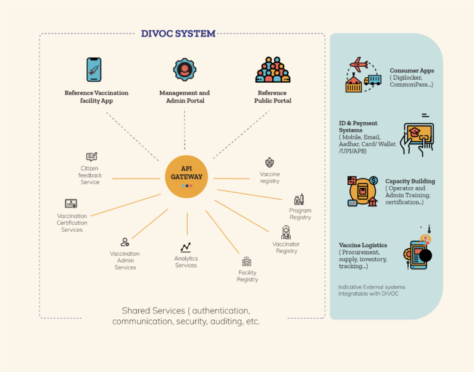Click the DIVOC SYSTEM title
(x=178, y=33)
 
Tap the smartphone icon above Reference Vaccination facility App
(x=94, y=70)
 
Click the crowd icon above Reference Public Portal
(x=273, y=70)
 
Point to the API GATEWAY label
(x=186, y=172)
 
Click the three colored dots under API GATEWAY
(x=187, y=185)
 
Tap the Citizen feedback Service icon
(x=91, y=156)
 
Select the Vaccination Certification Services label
(x=72, y=223)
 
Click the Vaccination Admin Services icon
(x=125, y=242)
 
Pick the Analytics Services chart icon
(x=186, y=247)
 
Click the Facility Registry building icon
(x=247, y=261)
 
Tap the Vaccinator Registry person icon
(x=286, y=232)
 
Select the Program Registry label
(x=301, y=214)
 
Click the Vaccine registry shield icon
(x=269, y=163)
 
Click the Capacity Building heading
(x=410, y=181)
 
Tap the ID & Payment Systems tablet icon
(x=418, y=138)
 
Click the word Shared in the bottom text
(x=136, y=310)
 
